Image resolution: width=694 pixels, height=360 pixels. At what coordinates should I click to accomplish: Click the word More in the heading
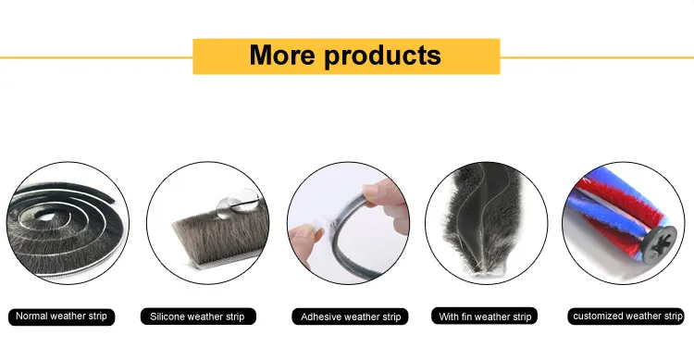pos(281,55)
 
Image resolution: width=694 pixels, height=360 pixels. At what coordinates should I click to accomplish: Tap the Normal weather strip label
pos(61,317)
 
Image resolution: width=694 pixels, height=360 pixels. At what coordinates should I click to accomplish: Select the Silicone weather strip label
pos(197,317)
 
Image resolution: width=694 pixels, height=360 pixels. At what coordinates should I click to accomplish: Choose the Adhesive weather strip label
pos(352,317)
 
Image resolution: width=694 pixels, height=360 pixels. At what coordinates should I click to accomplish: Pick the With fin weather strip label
pos(485,317)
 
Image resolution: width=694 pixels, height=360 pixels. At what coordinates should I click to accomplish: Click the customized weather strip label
pos(628,317)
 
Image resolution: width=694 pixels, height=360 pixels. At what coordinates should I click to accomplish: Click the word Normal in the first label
pos(32,317)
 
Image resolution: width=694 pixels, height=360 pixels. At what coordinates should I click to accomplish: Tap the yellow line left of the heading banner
pos(93,57)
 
